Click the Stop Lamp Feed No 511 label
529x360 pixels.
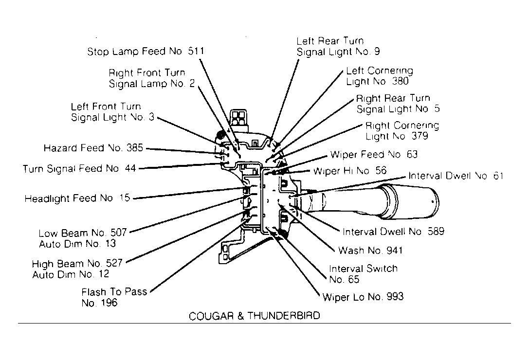(146, 51)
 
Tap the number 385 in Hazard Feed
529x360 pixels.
(135, 148)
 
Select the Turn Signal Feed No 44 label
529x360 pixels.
(79, 168)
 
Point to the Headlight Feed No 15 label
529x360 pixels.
(77, 198)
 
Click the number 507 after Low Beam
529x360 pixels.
(119, 233)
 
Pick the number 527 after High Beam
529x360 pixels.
(114, 263)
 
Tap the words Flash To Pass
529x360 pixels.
(114, 292)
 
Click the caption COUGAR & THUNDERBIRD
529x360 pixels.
(255, 316)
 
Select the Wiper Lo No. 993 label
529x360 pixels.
(363, 297)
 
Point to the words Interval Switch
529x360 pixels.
(364, 269)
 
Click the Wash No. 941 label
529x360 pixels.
(370, 251)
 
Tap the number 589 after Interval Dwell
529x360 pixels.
(436, 231)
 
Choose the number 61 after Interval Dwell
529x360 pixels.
(498, 176)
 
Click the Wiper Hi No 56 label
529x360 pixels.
(350, 171)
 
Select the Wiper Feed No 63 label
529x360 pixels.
(374, 155)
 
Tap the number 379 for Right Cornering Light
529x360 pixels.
(420, 136)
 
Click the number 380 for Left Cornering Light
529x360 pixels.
(401, 81)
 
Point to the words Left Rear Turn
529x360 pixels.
(330, 41)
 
